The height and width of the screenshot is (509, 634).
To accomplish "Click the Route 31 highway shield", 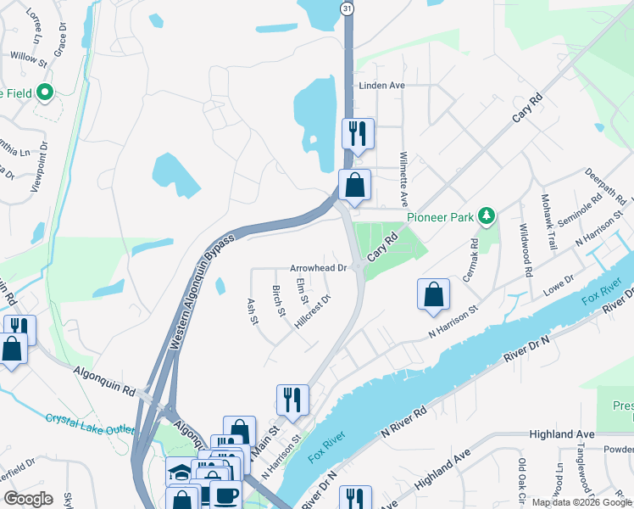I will tap(348, 8).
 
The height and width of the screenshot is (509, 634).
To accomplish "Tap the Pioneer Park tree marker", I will tap(487, 215).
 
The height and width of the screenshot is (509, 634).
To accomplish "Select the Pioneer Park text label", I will tap(442, 216).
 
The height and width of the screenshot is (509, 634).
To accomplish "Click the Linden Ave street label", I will tap(382, 86).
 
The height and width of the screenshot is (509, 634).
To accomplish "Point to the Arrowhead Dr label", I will tap(320, 267).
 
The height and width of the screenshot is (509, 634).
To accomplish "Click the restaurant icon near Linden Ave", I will tap(357, 133).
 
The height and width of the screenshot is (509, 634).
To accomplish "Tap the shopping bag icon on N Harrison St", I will tap(433, 294).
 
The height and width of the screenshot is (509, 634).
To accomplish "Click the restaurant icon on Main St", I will tap(292, 400).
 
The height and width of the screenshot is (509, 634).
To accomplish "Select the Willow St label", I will tap(29, 58).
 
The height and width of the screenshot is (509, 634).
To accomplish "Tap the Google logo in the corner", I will tap(28, 499).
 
